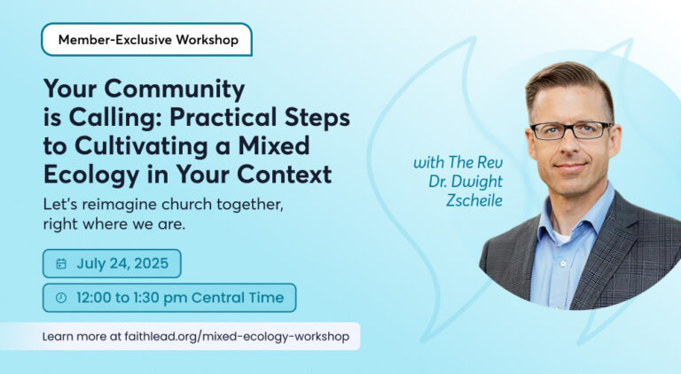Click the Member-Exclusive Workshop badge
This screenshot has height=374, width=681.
pyautogui.click(x=147, y=40)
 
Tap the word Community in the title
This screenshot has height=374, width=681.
pyautogui.click(x=175, y=90)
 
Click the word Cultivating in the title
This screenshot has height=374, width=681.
pyautogui.click(x=142, y=145)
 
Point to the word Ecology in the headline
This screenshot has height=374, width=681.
pyautogui.click(x=91, y=175)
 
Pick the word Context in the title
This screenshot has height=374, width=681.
pyautogui.click(x=284, y=174)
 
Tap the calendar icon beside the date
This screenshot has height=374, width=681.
pyautogui.click(x=61, y=264)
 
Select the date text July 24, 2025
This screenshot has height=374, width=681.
pyautogui.click(x=122, y=263)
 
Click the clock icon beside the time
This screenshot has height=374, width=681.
pyautogui.click(x=61, y=298)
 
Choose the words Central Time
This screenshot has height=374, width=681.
pyautogui.click(x=238, y=298)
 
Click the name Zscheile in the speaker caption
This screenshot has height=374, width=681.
pyautogui.click(x=474, y=200)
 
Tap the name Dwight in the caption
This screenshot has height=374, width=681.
pyautogui.click(x=477, y=183)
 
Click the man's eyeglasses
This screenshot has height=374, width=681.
pyautogui.click(x=571, y=130)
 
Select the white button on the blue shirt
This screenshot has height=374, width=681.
pyautogui.click(x=563, y=263)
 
